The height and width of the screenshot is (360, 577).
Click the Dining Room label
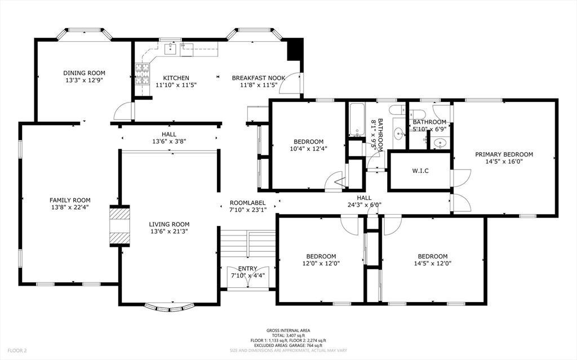point(84,73)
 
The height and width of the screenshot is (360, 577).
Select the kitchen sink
point(171,50)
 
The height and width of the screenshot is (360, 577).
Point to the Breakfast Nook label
point(259,78)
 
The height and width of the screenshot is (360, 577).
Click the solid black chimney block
point(295,50)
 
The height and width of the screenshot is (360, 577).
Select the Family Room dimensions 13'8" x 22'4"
point(70,207)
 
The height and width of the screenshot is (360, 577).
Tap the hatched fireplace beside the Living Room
point(119,225)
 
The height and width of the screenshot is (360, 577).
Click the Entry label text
point(247,268)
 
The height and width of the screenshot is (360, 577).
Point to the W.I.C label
point(420,171)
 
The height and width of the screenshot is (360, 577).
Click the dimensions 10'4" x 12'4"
point(308,149)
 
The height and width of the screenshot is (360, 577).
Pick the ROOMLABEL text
point(247,203)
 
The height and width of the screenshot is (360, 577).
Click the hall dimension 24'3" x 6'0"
point(364,205)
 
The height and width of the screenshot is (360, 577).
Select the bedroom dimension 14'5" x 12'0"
point(433,263)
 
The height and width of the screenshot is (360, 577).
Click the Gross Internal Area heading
point(288,331)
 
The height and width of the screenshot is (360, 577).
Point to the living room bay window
point(169,308)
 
